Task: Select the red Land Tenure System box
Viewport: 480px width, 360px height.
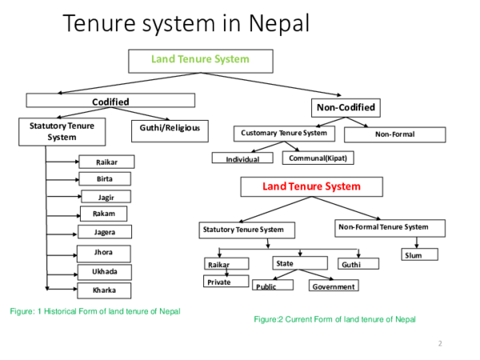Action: (312, 187)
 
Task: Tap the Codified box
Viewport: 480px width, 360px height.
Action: (110, 101)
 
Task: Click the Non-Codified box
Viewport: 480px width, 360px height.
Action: (343, 107)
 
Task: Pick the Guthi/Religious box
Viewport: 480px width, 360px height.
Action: (169, 128)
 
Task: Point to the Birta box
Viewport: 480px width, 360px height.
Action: (105, 178)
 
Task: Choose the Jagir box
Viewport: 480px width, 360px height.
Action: (105, 196)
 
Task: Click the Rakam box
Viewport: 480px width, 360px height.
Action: (104, 214)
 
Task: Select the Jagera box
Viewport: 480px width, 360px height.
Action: (105, 232)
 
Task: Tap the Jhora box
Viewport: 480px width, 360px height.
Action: (105, 253)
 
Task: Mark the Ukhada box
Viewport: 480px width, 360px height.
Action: (105, 272)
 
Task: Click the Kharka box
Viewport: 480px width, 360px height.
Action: (105, 290)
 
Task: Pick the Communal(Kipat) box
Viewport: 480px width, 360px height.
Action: (318, 158)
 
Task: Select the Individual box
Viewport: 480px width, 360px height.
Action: (242, 158)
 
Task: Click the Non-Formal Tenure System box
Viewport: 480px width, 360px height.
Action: (383, 228)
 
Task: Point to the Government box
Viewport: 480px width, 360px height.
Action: (334, 286)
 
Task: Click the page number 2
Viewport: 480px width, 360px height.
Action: (440, 343)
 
